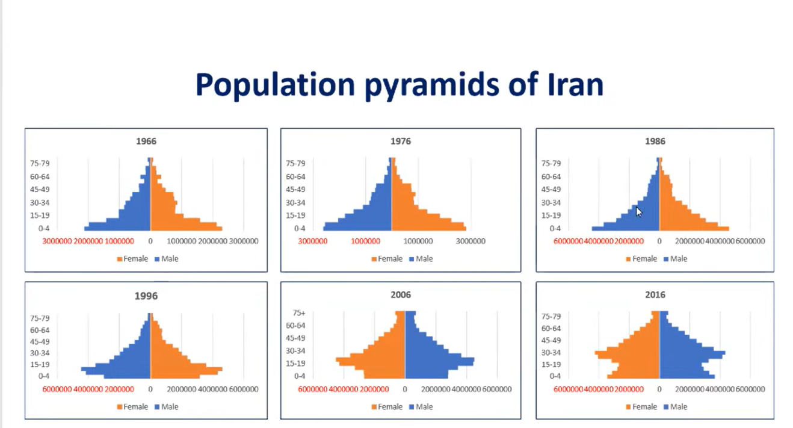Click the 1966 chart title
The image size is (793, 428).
tap(146, 141)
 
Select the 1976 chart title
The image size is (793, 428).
tap(401, 141)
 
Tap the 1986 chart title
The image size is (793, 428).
tap(655, 141)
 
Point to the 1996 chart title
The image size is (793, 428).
tap(146, 296)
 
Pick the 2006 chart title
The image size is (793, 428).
tap(401, 295)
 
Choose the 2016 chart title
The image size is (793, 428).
tap(655, 295)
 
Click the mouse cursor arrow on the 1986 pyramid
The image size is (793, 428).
tap(638, 211)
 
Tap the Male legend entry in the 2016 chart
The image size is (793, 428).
tap(678, 407)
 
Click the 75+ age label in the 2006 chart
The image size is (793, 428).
tap(299, 313)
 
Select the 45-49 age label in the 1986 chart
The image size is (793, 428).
tap(551, 190)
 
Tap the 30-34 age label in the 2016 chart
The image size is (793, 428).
tap(551, 353)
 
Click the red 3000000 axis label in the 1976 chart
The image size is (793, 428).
tap(313, 241)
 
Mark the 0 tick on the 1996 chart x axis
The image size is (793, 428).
tap(150, 389)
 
